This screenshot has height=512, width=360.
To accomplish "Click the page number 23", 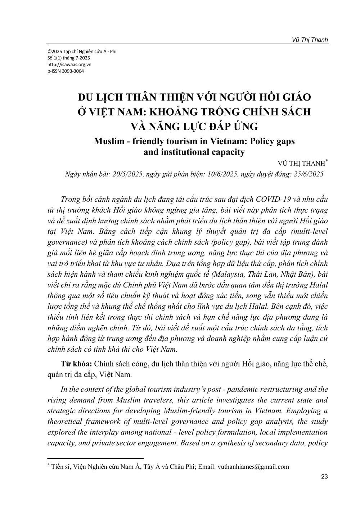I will (x=324, y=477).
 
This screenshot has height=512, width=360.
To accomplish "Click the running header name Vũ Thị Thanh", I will (x=310, y=40).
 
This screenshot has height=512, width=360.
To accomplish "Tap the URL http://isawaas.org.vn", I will (x=69, y=64).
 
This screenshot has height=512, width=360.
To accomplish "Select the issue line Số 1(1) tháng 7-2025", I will (x=69, y=58).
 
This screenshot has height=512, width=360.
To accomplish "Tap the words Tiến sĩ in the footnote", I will (x=60, y=467).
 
